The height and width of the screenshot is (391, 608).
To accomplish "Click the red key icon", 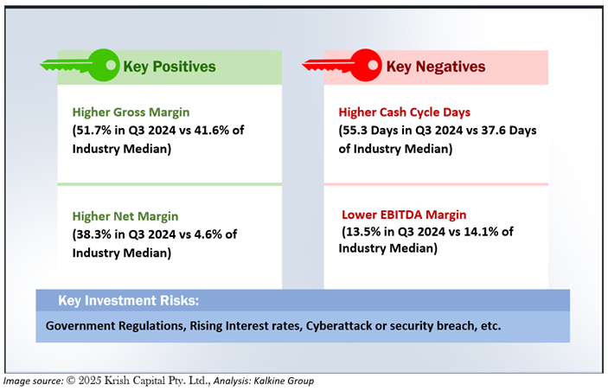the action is (x=342, y=65).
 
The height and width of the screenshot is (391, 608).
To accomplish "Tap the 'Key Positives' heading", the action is (x=170, y=67).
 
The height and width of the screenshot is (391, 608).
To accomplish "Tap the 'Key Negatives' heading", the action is (x=435, y=67).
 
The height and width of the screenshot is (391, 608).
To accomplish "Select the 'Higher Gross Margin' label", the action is (x=131, y=112).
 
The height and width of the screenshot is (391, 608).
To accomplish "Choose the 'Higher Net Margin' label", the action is (x=125, y=216).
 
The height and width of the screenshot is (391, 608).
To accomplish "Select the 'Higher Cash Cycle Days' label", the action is (x=405, y=112).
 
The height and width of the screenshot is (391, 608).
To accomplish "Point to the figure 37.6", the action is (x=493, y=131).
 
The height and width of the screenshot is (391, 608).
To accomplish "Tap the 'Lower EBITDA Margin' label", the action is (x=404, y=215).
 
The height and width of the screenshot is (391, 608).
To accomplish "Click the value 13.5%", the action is (x=363, y=232).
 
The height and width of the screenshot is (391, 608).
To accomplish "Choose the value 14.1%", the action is (x=481, y=232).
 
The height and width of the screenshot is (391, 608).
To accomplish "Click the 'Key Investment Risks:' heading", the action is (x=128, y=301).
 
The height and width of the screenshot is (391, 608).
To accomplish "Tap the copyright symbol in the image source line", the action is (x=71, y=381).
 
